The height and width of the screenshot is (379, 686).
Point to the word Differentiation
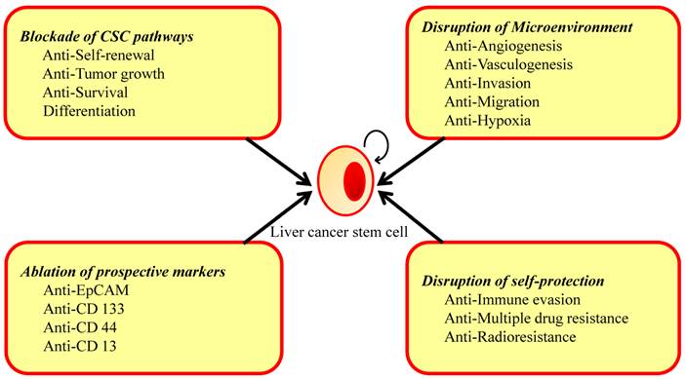coord(89,111)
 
